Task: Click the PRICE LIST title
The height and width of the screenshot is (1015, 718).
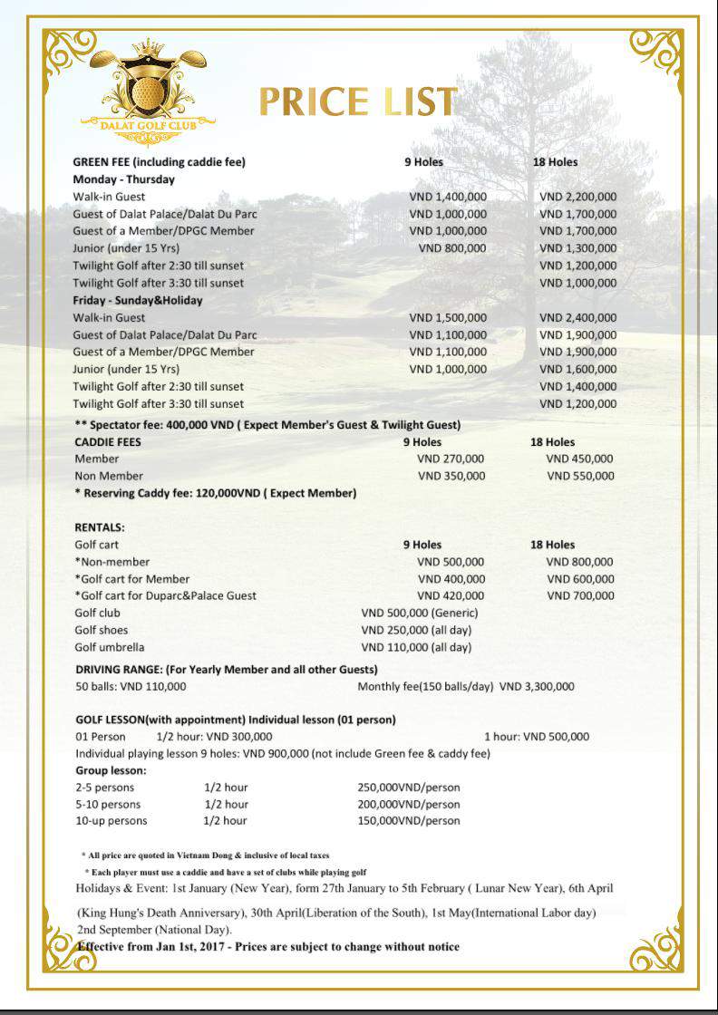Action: [x=357, y=102]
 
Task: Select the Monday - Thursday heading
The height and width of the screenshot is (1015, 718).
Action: [x=125, y=179]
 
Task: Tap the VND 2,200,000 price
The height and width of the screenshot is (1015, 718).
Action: [x=577, y=197]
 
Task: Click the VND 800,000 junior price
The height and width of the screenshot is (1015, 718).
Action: [x=451, y=248]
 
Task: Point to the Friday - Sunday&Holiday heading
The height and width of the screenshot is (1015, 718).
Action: [x=138, y=300]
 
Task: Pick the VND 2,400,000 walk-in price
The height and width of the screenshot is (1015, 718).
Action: [x=577, y=318]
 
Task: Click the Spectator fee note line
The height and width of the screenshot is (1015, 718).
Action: [x=267, y=425]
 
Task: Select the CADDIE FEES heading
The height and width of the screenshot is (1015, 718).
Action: [x=108, y=442]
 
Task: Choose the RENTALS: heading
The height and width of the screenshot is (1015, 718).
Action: [x=100, y=527]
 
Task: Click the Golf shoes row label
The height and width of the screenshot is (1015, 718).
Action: [x=102, y=631]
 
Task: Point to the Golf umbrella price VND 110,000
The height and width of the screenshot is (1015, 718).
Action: [x=416, y=648]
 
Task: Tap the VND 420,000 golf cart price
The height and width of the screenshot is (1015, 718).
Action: [x=451, y=596]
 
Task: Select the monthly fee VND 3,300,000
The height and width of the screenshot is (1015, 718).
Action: [x=537, y=687]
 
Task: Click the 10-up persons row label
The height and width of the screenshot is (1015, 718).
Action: [x=111, y=821]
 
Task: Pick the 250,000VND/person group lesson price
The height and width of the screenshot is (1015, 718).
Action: [x=409, y=788]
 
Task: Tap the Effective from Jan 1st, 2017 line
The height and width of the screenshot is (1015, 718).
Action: [x=268, y=947]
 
